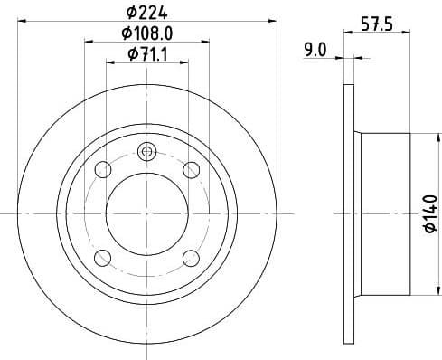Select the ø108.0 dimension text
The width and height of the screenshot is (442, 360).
146,34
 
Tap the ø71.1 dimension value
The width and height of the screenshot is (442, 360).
146,55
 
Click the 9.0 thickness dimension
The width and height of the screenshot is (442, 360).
315,52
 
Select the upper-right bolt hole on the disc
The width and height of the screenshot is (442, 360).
191,169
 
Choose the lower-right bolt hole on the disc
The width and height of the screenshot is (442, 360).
191,258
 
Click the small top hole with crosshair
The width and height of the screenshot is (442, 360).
146,152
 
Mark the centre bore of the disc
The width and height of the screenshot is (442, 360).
146,213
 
